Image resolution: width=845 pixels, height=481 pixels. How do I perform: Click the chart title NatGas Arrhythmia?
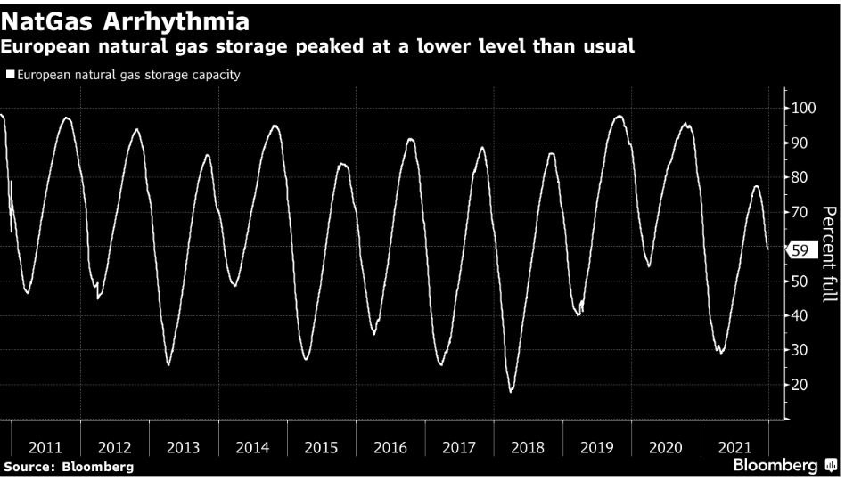[x=126, y=20]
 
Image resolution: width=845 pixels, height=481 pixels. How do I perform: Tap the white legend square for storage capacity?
[x=10, y=76]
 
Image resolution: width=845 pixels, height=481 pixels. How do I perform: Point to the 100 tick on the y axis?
[x=804, y=108]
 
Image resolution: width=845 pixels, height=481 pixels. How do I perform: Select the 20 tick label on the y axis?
[x=800, y=385]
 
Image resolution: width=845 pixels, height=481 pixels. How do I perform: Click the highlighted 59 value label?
[x=800, y=251]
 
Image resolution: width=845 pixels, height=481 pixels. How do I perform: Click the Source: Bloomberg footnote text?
[x=69, y=467]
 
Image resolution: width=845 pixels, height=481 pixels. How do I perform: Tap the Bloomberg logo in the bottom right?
[x=775, y=466]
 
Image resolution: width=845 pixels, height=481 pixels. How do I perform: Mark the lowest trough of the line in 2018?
[x=511, y=391]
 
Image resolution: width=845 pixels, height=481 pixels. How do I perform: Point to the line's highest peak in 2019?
[x=619, y=116]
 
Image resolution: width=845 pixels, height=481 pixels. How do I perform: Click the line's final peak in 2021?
[x=756, y=186]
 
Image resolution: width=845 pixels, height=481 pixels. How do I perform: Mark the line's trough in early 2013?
[x=168, y=364]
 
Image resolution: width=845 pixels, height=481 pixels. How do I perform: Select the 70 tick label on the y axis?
[x=800, y=212]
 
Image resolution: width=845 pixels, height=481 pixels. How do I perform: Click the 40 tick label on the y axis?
[x=800, y=315]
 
